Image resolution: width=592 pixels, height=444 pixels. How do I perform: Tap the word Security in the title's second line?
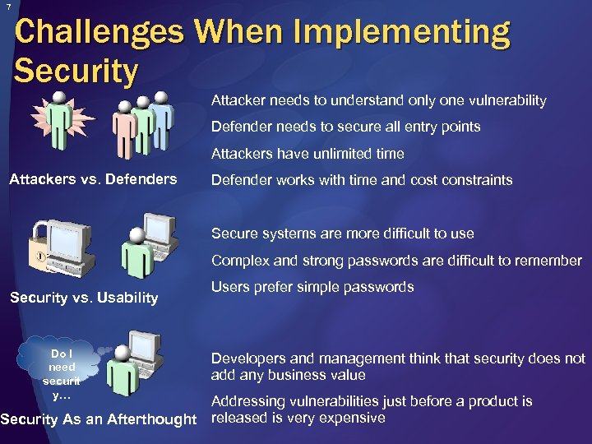(76, 72)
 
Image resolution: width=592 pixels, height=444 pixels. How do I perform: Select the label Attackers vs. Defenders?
(92, 179)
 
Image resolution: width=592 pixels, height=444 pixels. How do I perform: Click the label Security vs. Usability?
(83, 298)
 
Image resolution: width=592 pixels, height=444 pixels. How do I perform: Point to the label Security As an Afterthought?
(99, 420)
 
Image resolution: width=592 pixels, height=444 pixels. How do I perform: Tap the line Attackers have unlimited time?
(308, 153)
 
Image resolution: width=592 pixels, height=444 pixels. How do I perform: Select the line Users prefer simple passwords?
(312, 287)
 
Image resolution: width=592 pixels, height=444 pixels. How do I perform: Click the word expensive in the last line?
(354, 418)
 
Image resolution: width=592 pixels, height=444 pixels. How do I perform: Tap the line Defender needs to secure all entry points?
(345, 127)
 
